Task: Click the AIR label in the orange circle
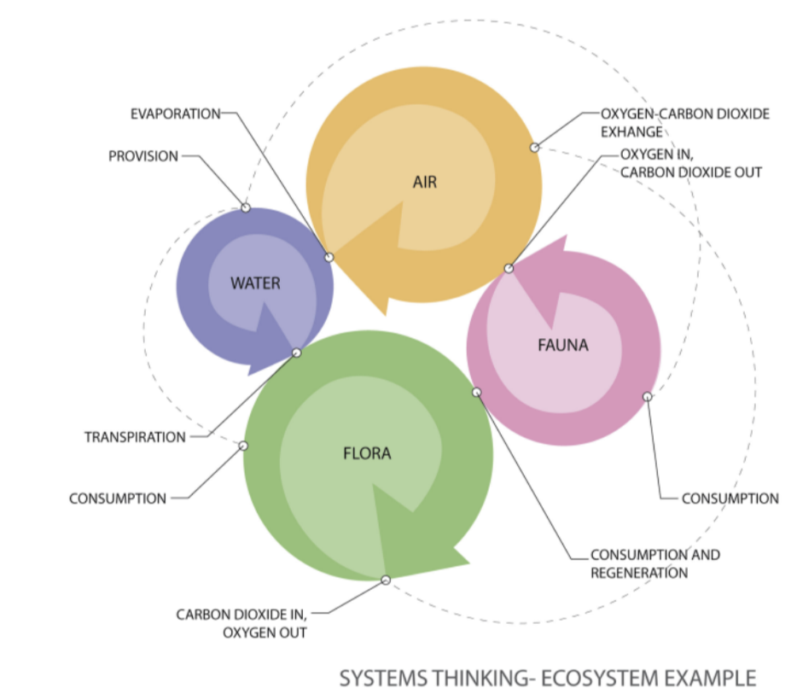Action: (424, 182)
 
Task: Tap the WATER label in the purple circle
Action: (255, 283)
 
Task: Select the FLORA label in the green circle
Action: (367, 453)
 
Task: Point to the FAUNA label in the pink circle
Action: (563, 346)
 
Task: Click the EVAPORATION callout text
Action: (175, 114)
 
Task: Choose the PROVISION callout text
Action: (143, 156)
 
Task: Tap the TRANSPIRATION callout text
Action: (135, 437)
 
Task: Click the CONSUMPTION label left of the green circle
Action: (118, 498)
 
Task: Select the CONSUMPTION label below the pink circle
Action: (730, 498)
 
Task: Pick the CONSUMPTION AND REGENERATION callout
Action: (654, 563)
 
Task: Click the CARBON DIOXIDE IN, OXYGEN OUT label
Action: (241, 623)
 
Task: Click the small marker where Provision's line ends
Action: (246, 207)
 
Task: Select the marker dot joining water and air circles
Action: (329, 257)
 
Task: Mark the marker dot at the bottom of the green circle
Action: (385, 580)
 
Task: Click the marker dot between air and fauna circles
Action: (509, 268)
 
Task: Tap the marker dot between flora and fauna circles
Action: (477, 392)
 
